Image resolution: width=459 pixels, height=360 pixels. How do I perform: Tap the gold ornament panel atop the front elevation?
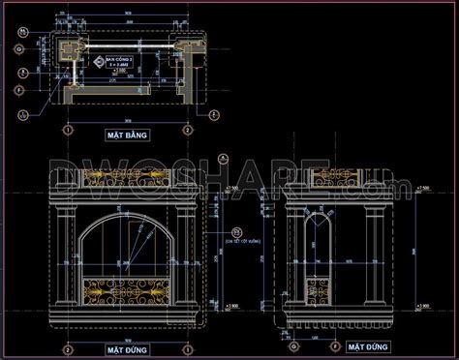click(x=125, y=177)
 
